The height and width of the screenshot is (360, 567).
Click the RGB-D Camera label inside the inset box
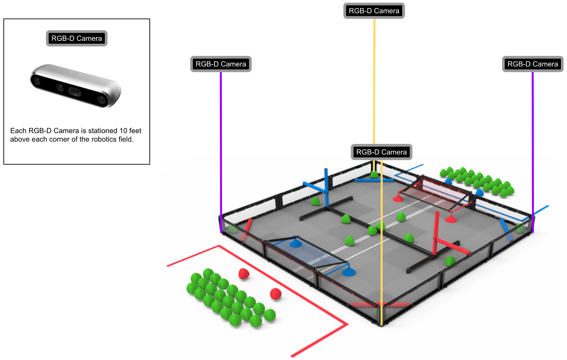[x=76, y=38]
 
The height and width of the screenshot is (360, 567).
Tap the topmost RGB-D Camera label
[x=374, y=11]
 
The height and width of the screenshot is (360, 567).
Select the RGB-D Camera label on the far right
[x=532, y=64]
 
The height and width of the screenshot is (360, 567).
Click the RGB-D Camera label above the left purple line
[x=221, y=64]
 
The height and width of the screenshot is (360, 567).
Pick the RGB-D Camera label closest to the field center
[x=381, y=152]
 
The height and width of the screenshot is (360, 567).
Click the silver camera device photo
[x=76, y=86]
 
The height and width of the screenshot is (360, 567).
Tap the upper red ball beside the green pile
[x=244, y=273]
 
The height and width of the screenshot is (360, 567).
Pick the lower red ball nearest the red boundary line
[x=275, y=294]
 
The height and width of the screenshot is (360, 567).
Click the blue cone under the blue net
[x=296, y=244]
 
